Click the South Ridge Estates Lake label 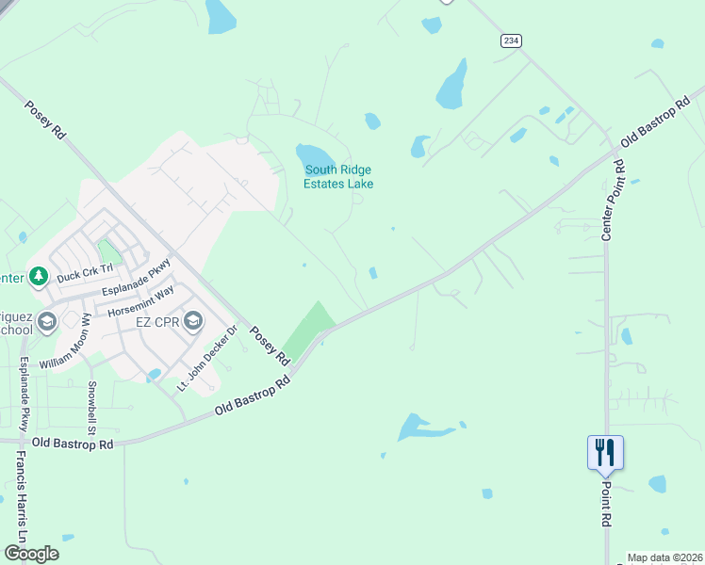click(x=337, y=177)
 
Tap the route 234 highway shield click(x=511, y=40)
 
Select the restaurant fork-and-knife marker click(x=605, y=453)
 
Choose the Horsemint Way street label click(x=140, y=303)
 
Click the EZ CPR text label click(x=157, y=322)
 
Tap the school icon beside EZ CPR click(x=193, y=322)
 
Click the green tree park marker click(x=39, y=277)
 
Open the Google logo click(x=30, y=554)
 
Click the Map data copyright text click(x=664, y=557)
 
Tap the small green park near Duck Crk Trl click(x=110, y=251)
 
